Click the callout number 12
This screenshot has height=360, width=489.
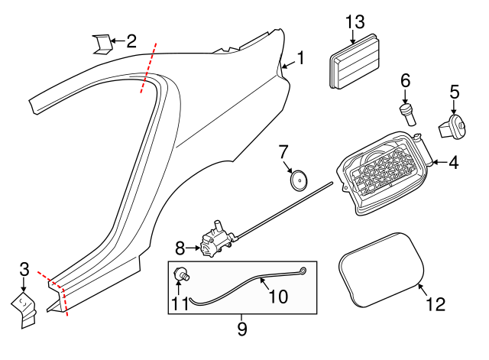click(434, 303)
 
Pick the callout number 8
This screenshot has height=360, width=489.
click(180, 248)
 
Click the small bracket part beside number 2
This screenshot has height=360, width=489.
click(100, 44)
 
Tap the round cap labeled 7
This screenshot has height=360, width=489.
click(299, 180)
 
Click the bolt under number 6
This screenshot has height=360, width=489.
click(406, 113)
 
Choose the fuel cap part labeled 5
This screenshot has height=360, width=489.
click(452, 126)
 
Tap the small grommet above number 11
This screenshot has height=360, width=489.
click(183, 274)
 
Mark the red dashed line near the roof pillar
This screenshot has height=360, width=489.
click(148, 70)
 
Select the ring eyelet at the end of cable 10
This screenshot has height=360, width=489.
click(303, 270)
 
